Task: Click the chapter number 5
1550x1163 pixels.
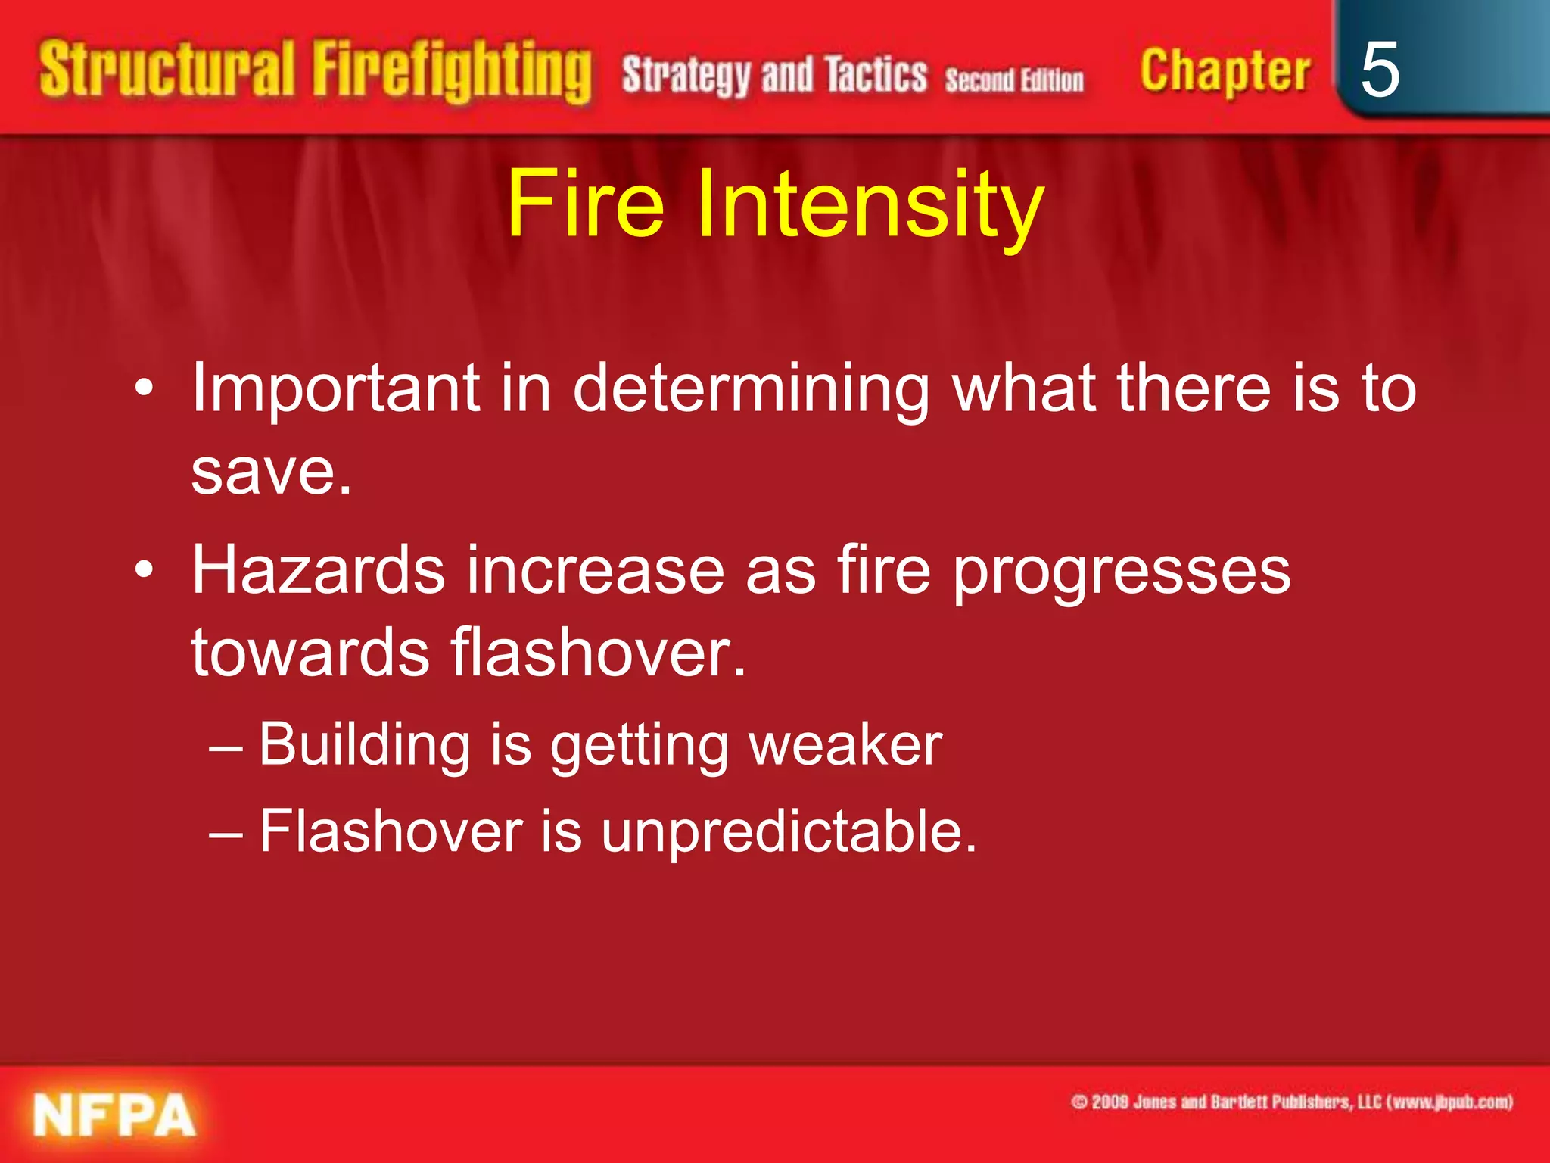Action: coord(1379,70)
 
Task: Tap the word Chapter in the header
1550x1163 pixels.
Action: coord(1225,72)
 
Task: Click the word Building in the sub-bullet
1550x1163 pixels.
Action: coord(365,745)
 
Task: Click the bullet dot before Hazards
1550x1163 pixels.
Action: coord(144,569)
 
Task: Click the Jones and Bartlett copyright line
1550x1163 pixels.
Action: coord(1291,1102)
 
